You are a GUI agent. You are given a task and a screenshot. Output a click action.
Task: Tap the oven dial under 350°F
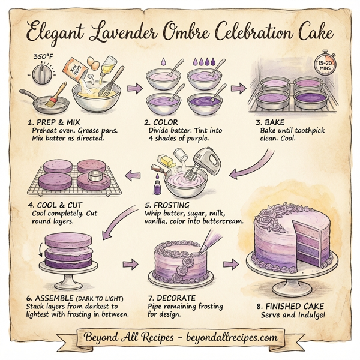pos(41,77)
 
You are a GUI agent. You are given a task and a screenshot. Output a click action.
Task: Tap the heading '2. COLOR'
pos(161,122)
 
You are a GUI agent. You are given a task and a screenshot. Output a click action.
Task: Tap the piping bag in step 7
pos(208,241)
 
